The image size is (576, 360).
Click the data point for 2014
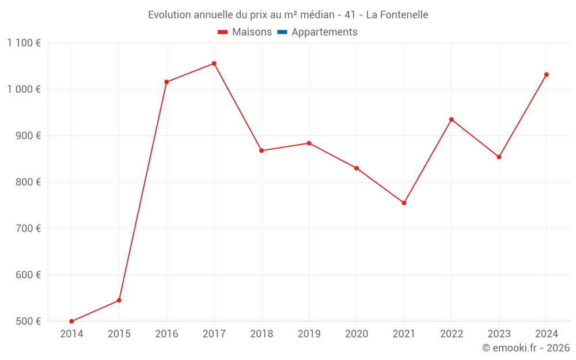coord(71,321)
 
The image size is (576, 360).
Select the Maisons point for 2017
coord(214,63)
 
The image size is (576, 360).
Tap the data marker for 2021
coord(404,203)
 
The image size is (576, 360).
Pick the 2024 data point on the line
coord(546,74)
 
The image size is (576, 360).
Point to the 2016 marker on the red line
coord(166,82)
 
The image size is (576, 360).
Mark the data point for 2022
coord(452,120)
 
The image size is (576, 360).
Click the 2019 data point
coord(309,143)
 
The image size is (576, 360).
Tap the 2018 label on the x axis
coord(262,334)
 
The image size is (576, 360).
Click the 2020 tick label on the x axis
coord(357,334)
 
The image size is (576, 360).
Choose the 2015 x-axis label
coord(119,334)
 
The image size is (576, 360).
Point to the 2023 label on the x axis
coord(499,334)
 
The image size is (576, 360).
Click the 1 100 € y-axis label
coord(24,43)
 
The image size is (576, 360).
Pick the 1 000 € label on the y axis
coord(24,89)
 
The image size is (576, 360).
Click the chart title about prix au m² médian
coord(288,15)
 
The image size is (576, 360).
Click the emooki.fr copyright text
coord(526,348)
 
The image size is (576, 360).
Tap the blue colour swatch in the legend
coord(282,32)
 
